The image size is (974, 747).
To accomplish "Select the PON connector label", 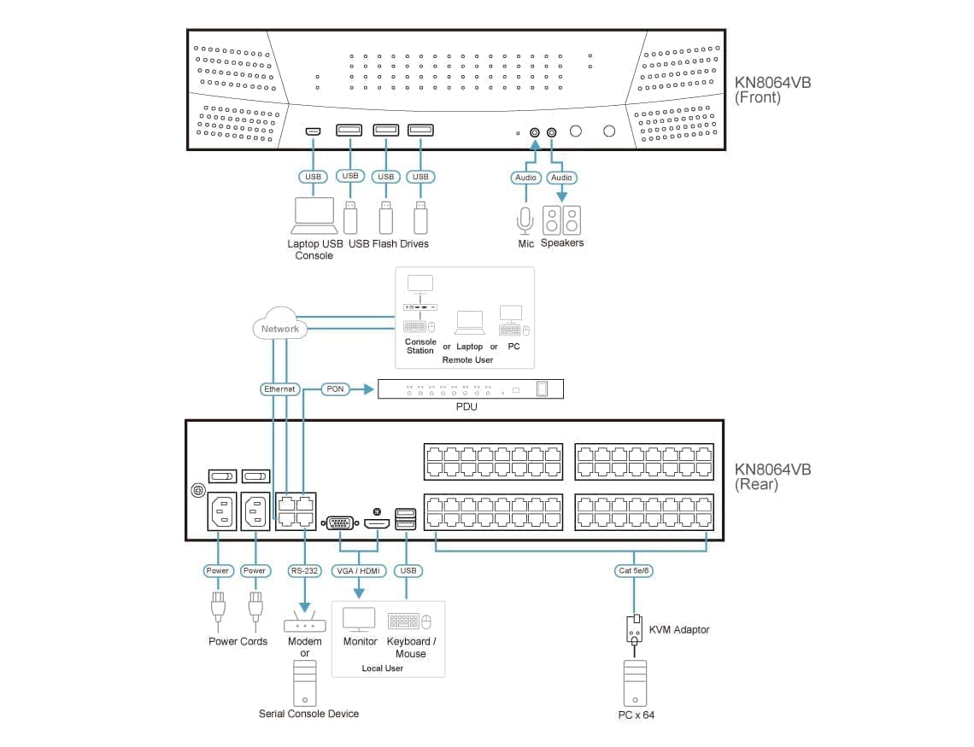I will tap(336, 389).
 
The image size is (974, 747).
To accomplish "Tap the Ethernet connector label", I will tap(279, 389).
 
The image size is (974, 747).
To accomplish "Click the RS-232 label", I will tap(304, 570).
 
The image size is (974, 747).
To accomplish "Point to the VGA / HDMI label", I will tap(359, 570).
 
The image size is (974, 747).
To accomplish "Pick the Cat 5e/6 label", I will tap(633, 570).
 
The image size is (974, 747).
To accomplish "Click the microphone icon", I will tap(525, 220).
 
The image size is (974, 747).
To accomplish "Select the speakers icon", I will tap(561, 220).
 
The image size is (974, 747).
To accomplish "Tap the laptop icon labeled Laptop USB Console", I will tap(314, 215).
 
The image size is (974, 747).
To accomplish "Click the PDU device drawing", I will tap(471, 389).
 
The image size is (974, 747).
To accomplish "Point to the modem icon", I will tap(305, 623).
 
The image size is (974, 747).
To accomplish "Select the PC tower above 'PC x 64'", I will tap(636, 684).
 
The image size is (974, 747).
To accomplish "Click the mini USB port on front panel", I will tap(313, 131).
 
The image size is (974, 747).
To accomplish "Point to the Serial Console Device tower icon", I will tap(305, 684).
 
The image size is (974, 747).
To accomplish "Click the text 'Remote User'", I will tap(467, 360).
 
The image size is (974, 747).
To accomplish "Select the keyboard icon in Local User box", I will tap(403, 621).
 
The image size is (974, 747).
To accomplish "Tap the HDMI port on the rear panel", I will tap(377, 522).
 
